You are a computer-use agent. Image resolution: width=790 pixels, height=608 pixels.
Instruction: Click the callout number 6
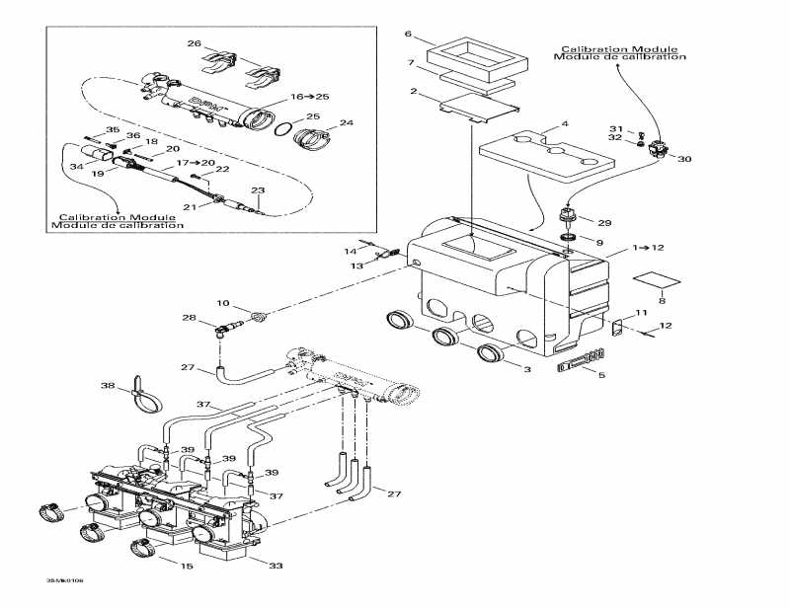tap(408, 35)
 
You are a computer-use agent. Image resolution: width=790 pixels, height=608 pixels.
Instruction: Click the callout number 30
tap(685, 160)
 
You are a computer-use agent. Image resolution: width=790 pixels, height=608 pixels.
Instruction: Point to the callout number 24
tap(346, 123)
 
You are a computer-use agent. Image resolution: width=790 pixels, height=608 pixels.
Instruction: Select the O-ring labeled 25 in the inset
tap(282, 129)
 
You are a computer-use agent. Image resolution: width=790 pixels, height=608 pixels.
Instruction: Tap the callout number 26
tap(195, 43)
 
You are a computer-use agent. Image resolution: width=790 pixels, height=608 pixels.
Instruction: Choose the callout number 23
tap(257, 190)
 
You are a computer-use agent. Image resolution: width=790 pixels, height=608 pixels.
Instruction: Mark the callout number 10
tap(222, 303)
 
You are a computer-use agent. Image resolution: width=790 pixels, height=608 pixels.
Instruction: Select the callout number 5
tap(602, 375)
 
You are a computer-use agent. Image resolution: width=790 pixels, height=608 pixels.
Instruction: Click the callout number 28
tap(189, 317)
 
